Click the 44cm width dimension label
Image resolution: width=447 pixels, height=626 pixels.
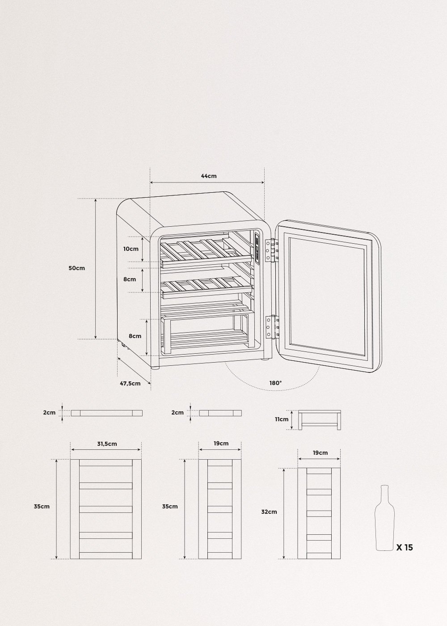point(208,176)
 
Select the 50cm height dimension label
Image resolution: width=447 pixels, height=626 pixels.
point(77,268)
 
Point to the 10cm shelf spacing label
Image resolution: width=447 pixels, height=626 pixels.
point(131,249)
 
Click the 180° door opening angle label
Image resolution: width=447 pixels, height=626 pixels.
point(275,383)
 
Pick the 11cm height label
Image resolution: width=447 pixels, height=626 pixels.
point(282,419)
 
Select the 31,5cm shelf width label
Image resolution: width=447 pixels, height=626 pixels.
point(106,444)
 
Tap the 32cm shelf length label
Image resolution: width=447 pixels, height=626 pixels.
point(270,512)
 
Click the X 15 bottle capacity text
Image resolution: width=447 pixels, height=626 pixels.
point(405,547)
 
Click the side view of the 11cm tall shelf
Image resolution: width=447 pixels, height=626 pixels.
point(319,419)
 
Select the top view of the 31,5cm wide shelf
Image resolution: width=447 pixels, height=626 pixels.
point(106,509)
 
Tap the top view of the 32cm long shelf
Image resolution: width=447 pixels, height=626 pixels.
point(319,513)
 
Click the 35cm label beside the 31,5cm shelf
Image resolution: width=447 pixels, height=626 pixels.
point(42,507)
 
